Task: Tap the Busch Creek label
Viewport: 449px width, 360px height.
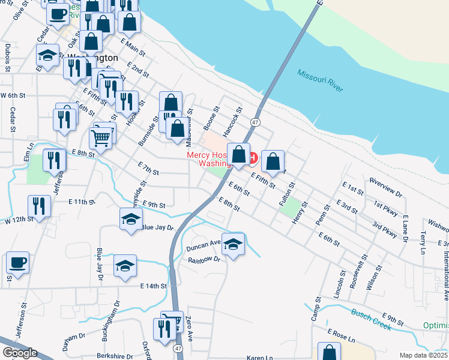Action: [370, 317]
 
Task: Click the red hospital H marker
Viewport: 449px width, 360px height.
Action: [252, 158]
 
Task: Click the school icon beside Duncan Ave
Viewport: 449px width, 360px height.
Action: [234, 244]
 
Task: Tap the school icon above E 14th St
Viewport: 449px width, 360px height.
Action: [125, 266]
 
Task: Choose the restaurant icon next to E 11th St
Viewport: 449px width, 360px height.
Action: [39, 206]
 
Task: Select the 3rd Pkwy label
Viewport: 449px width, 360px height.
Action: [384, 229]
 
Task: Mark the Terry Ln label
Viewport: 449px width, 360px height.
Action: [424, 240]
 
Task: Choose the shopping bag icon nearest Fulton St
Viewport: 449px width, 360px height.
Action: [273, 161]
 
